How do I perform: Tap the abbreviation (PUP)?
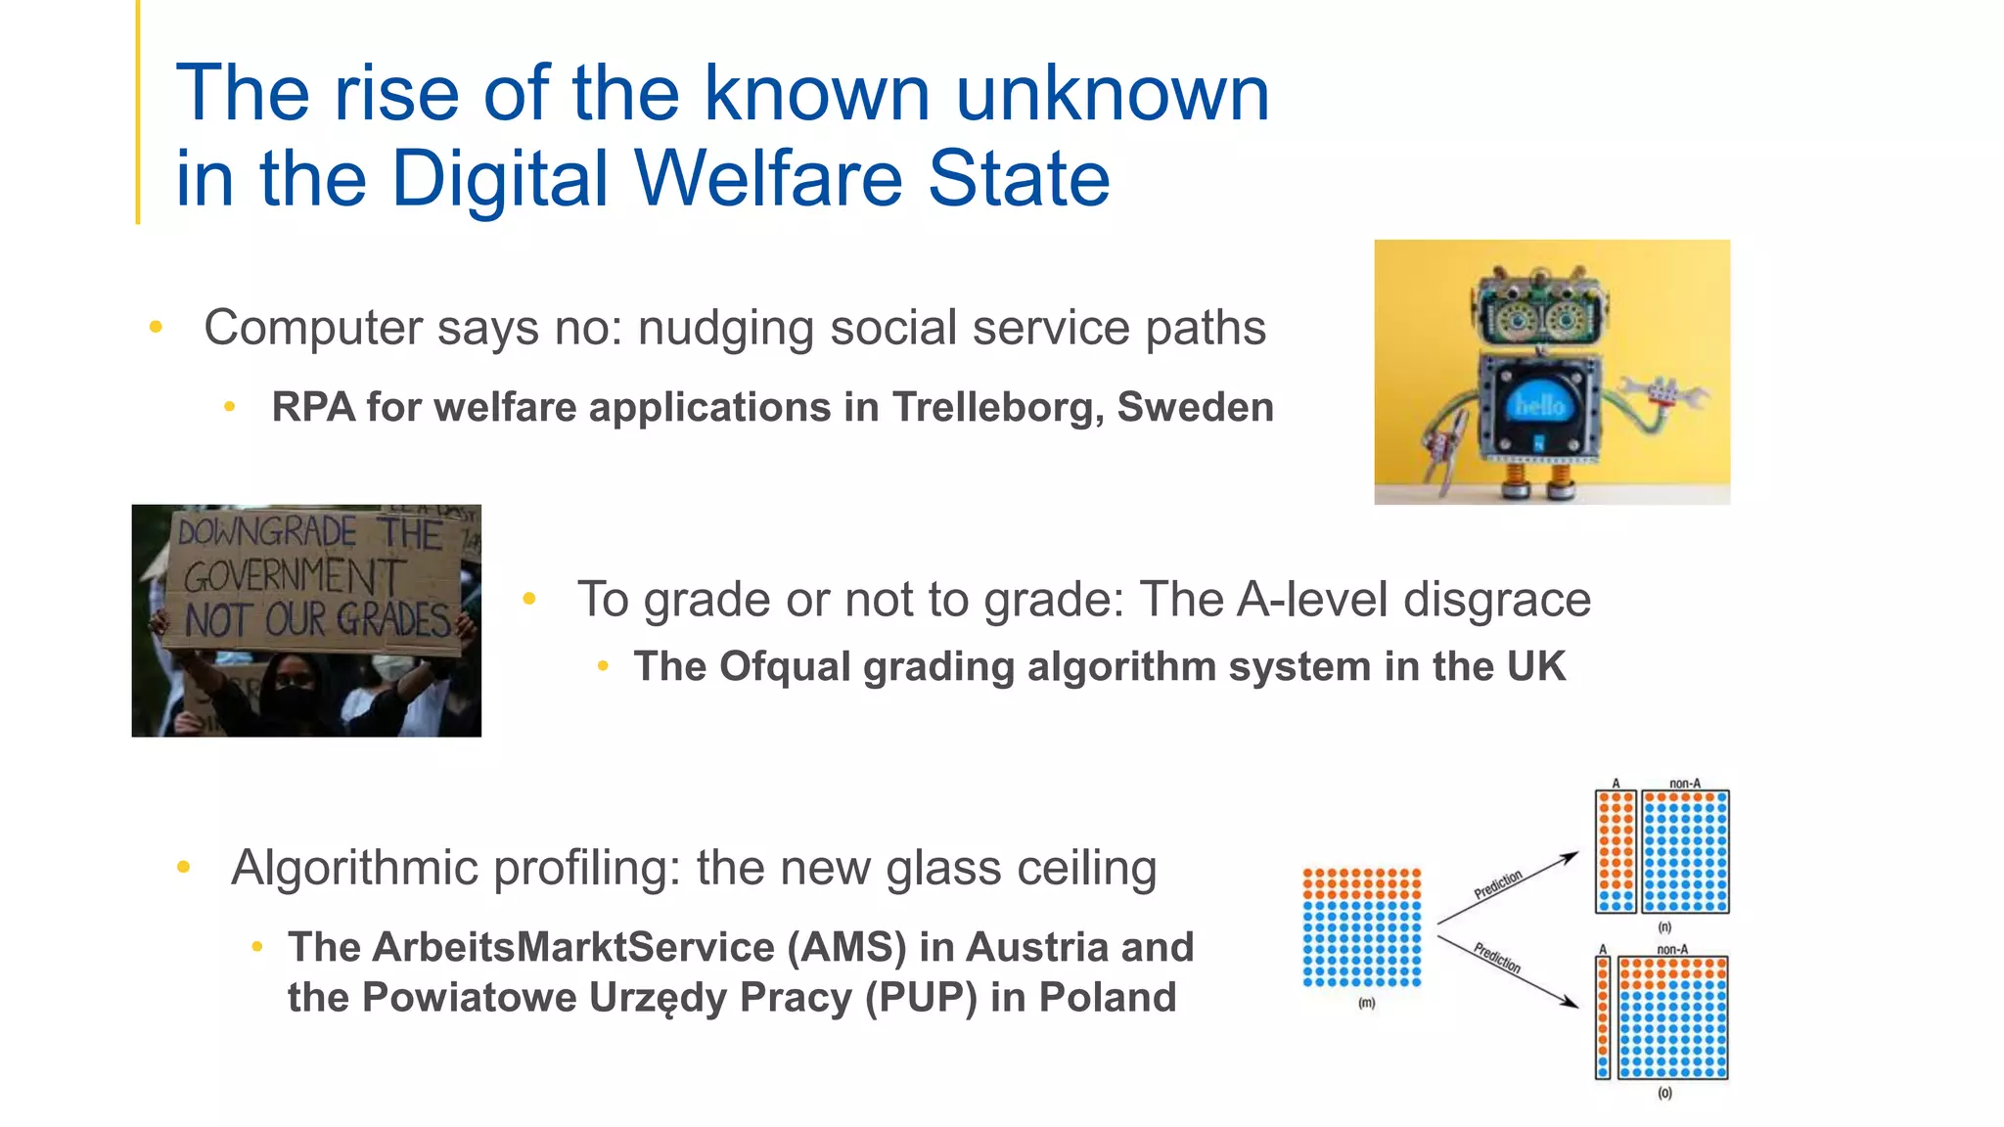(x=921, y=998)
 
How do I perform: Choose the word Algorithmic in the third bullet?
(x=356, y=868)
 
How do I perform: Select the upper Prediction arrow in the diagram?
(x=1507, y=887)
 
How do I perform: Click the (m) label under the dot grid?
(x=1366, y=1003)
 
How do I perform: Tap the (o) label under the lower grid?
(x=1664, y=1093)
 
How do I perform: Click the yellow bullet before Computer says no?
(x=156, y=328)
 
